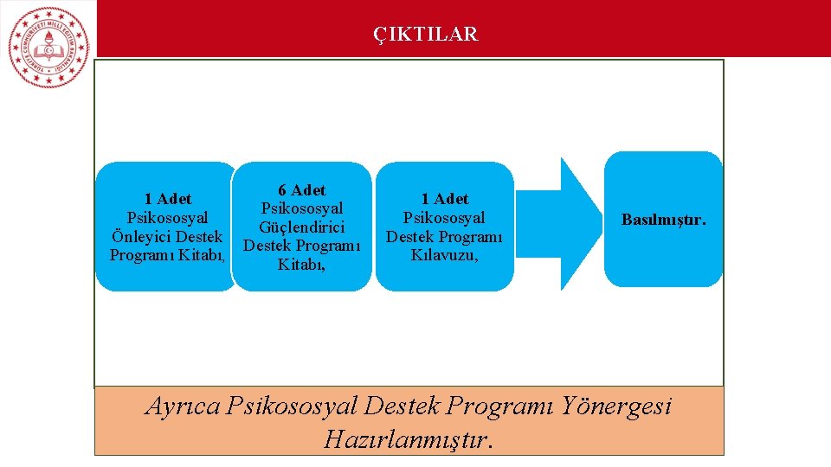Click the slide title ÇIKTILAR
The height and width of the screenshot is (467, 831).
425,35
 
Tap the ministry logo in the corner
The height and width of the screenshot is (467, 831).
48,47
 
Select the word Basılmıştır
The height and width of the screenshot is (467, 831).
663,220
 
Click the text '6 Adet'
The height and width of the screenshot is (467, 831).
301,190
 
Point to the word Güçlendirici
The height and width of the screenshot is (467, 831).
301,227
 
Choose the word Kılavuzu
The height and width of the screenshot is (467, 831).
444,256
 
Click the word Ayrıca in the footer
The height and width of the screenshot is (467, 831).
183,406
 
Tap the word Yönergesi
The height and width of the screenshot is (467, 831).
615,406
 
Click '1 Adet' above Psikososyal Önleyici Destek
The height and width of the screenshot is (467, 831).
168,200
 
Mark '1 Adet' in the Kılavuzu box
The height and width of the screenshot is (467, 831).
444,200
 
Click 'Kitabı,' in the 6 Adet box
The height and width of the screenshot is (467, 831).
301,265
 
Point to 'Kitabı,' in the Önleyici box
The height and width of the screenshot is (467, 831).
204,256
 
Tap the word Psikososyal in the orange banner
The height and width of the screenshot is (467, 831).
292,406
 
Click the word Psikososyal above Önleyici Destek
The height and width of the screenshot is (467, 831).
168,218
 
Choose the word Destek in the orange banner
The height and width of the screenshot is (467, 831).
408,406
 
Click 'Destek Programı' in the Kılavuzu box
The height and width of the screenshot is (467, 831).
444,237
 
